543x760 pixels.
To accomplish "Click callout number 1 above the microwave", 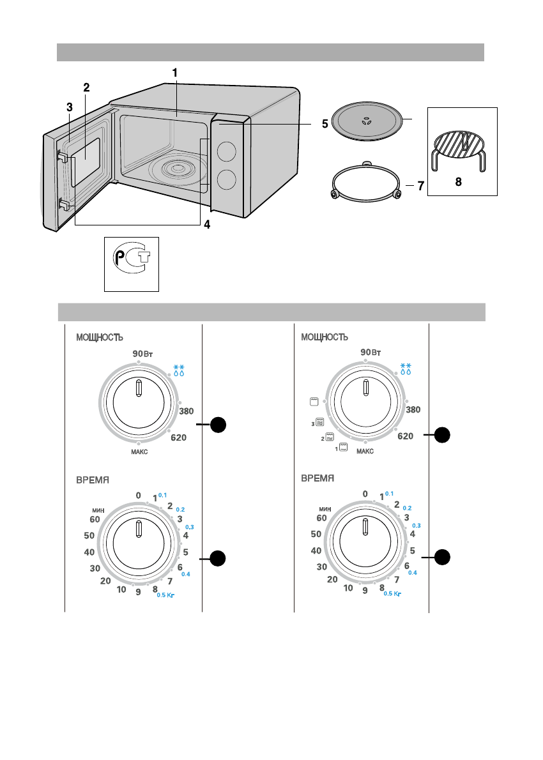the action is [175, 73].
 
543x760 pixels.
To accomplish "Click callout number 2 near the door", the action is [86, 87].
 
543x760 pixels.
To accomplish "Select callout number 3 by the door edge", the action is [70, 107].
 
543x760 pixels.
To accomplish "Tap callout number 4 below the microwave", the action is [207, 224].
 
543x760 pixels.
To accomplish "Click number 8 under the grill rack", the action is [458, 182].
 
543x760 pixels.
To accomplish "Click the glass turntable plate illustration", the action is [369, 121].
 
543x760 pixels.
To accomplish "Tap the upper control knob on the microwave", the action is [226, 151].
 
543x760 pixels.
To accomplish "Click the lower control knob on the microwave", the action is [226, 180].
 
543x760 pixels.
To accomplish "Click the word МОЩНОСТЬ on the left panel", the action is [100, 337].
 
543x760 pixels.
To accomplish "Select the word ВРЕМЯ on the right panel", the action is [317, 478].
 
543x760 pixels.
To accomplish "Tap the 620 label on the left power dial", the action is [178, 437].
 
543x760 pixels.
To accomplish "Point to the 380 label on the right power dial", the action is [413, 409].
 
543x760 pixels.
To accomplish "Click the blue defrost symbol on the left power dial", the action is [179, 370].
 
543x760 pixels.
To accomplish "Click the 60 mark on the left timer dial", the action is [95, 520].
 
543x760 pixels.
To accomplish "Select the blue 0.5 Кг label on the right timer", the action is [392, 594].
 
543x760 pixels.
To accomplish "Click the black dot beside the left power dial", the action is [218, 425].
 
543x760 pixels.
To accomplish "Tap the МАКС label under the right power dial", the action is [365, 452].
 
